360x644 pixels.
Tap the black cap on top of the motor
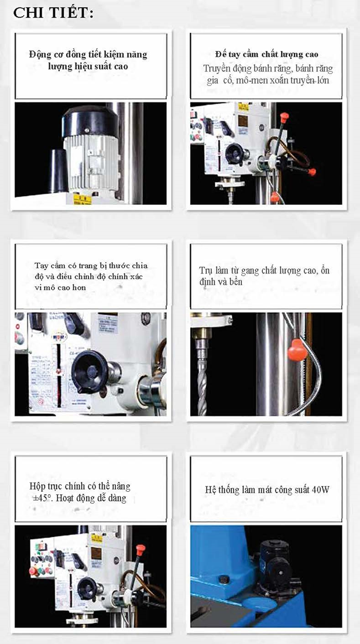tap(90, 121)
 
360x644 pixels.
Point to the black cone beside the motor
tap(59, 170)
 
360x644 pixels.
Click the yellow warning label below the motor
tap(82, 199)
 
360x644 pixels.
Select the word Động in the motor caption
tap(39, 54)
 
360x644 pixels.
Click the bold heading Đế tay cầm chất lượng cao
tap(267, 54)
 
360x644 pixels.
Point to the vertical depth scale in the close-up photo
tap(59, 375)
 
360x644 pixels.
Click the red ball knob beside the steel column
tap(297, 350)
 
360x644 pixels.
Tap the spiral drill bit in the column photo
tap(202, 388)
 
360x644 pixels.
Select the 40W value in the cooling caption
tap(320, 489)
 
